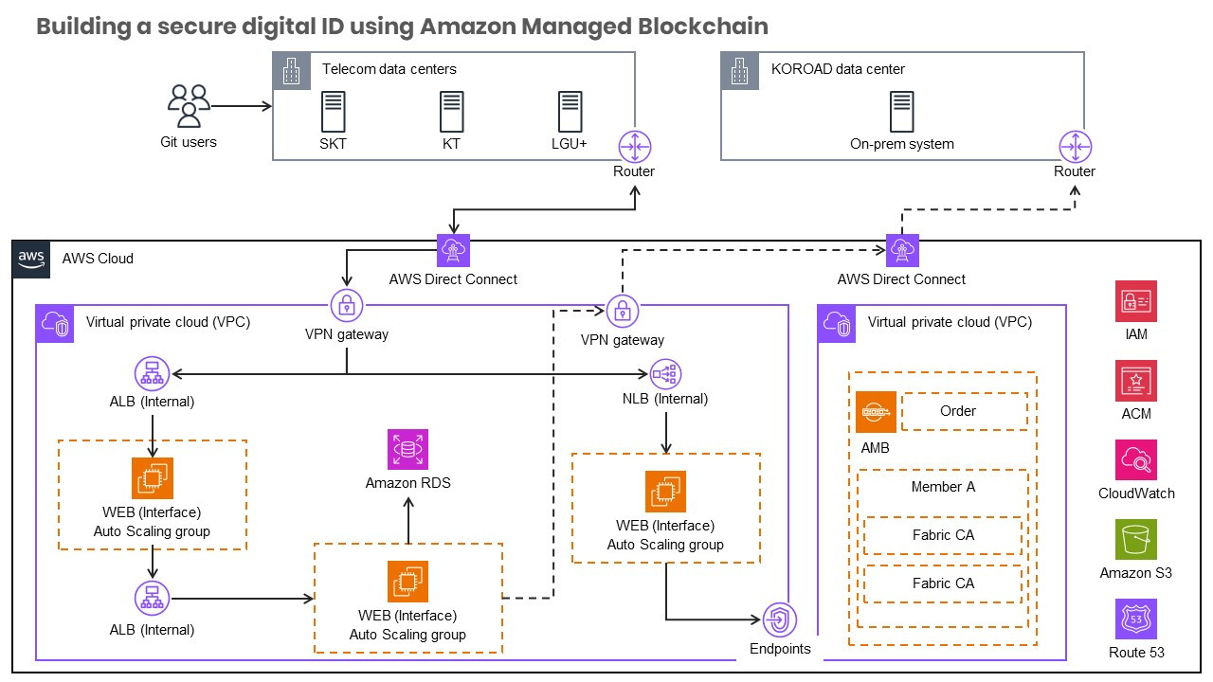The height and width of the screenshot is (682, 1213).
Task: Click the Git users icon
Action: [189, 106]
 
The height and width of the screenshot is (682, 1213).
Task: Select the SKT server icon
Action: [333, 112]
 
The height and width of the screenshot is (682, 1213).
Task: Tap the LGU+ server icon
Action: [570, 112]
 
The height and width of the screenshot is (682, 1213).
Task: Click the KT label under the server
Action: [451, 145]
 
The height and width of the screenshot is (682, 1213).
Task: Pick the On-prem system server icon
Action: [901, 112]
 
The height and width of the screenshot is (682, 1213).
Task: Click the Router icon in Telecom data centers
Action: [634, 147]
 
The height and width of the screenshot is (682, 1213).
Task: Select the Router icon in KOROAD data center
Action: [1074, 147]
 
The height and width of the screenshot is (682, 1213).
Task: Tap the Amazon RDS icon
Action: [407, 450]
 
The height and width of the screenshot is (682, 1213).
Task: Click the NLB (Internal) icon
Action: [666, 374]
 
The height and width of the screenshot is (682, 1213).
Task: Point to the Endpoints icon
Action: [780, 620]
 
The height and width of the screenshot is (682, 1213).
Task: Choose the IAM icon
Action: [1136, 301]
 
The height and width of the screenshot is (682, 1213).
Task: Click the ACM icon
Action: [1136, 381]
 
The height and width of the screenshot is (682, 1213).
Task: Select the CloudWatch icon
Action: [1136, 460]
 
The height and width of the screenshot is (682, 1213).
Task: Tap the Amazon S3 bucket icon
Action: [1136, 541]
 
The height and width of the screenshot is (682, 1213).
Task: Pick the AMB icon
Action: [875, 413]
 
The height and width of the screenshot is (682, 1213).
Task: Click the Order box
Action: [963, 411]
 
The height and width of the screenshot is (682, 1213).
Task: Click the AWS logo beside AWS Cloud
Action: [30, 259]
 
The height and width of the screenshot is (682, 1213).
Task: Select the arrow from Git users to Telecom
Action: [242, 106]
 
